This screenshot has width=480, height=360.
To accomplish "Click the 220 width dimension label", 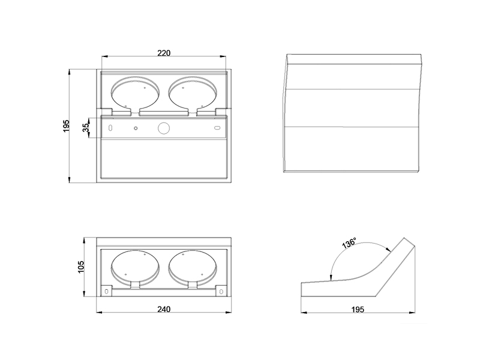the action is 164,53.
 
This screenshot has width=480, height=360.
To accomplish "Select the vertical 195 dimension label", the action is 67,126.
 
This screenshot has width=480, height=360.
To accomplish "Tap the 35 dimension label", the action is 86,127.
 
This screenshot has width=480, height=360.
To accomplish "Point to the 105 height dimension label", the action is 81,267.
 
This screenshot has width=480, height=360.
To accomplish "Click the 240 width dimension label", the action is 164,309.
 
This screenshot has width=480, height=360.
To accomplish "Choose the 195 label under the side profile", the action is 358,310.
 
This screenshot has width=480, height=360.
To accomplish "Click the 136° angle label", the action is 349,242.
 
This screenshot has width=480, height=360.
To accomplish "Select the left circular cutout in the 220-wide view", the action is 135,93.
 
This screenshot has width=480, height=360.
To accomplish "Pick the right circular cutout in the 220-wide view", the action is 193,93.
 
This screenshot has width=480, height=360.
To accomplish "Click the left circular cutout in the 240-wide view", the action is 135,266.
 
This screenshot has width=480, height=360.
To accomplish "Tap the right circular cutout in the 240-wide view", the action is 193,266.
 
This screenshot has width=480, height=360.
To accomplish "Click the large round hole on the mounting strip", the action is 163,128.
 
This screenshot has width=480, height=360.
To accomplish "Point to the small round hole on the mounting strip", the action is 136,128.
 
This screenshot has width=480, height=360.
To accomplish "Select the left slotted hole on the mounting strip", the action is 110,128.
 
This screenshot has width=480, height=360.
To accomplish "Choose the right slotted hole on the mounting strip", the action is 217,128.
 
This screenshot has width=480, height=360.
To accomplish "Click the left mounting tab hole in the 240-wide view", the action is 106,292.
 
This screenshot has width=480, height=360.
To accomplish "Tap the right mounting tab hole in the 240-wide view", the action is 221,292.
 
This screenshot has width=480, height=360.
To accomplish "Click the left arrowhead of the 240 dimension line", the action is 99,313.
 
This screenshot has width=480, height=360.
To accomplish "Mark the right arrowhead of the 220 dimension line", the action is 223,56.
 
